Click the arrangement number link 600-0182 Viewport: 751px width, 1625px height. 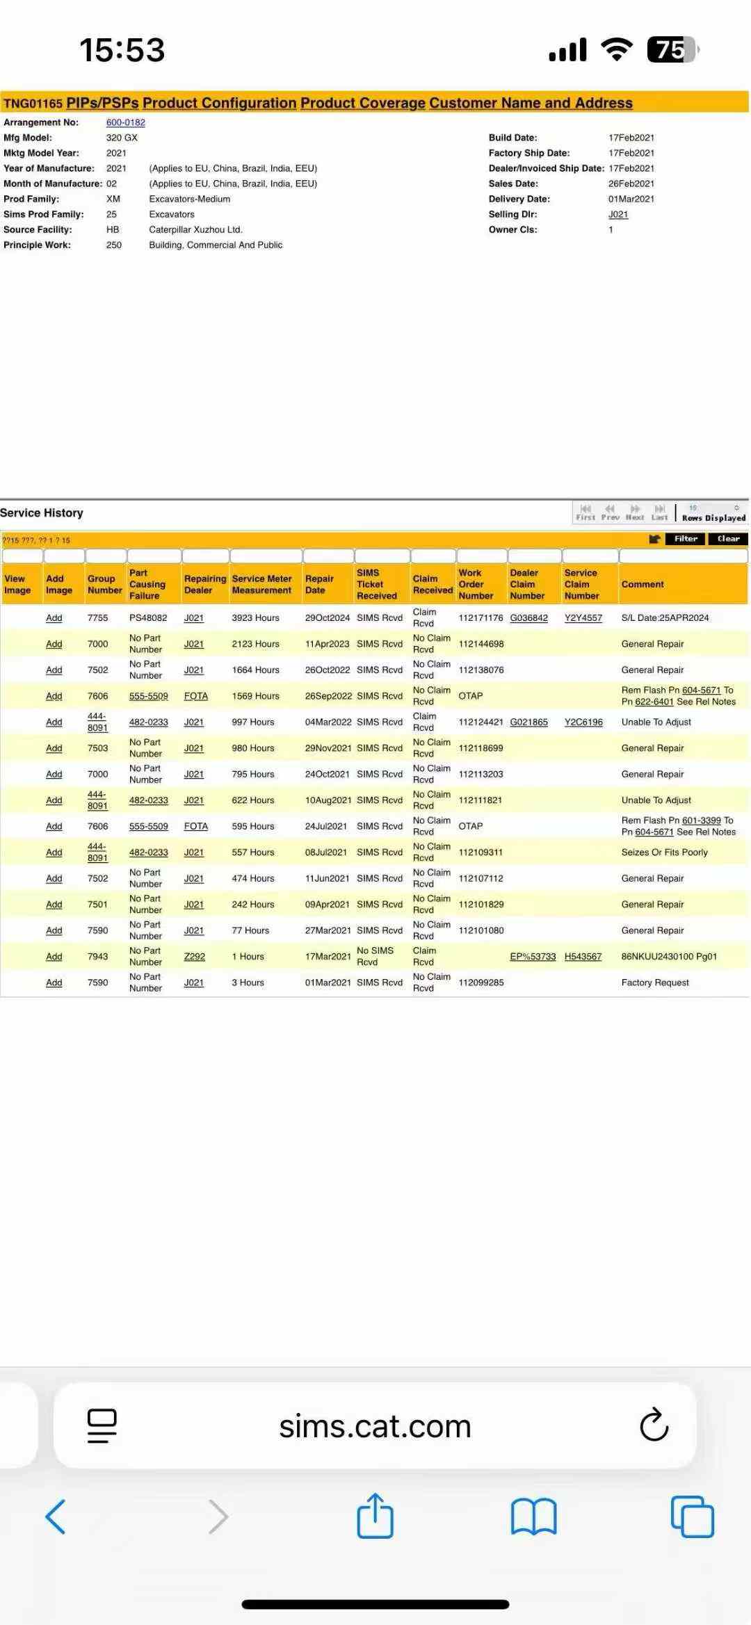(125, 122)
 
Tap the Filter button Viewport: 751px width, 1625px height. (686, 539)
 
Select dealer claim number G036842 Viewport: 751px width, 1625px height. (528, 618)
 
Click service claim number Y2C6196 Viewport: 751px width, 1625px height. (583, 722)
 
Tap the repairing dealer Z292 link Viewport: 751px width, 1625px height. (195, 957)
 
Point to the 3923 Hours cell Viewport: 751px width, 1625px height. (255, 618)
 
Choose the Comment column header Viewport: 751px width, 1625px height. (643, 585)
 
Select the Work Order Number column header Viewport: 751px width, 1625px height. (476, 585)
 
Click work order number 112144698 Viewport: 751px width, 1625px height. (481, 644)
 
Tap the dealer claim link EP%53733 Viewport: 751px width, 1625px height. (533, 957)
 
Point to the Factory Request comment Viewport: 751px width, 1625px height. (655, 983)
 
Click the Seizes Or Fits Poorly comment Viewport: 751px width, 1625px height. (664, 852)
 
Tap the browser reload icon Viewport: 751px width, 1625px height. (654, 1425)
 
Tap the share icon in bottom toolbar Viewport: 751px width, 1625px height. (375, 1516)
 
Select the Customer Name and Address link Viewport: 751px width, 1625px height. (531, 104)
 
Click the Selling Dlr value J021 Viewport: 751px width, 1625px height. (618, 215)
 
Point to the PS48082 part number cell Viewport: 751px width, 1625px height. (148, 618)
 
